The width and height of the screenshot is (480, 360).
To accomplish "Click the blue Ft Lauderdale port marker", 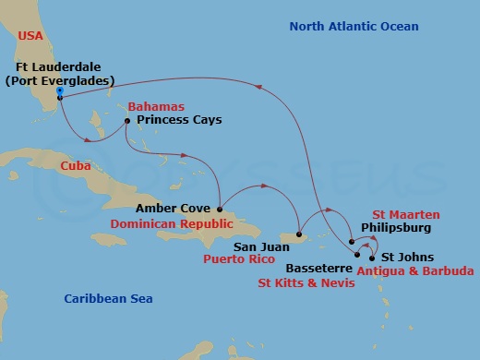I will [59, 93].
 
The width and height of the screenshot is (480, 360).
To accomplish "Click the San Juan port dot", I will [298, 234].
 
